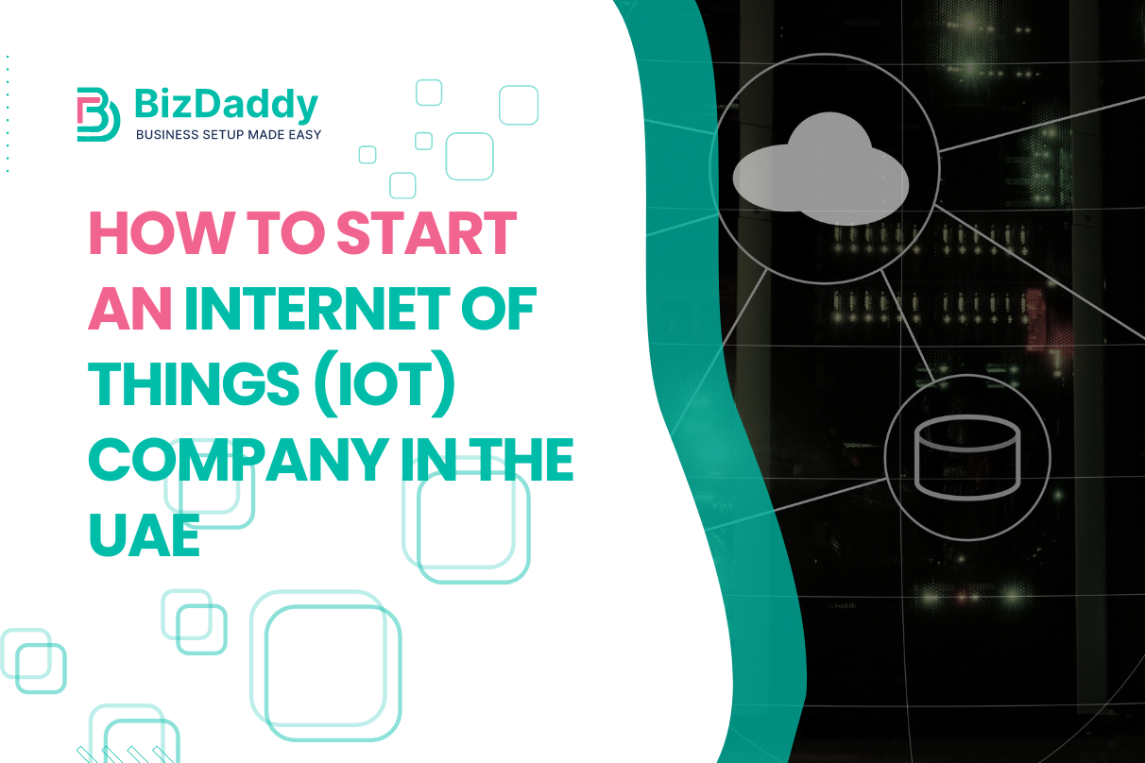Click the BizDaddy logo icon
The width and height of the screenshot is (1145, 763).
[98, 114]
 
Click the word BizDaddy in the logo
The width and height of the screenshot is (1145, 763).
[227, 105]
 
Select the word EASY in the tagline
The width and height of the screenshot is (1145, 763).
[301, 135]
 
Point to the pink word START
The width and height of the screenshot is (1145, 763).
[427, 234]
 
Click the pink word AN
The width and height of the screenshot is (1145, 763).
[129, 310]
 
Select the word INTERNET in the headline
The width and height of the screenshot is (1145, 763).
[333, 310]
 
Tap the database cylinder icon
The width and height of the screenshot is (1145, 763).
[967, 457]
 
